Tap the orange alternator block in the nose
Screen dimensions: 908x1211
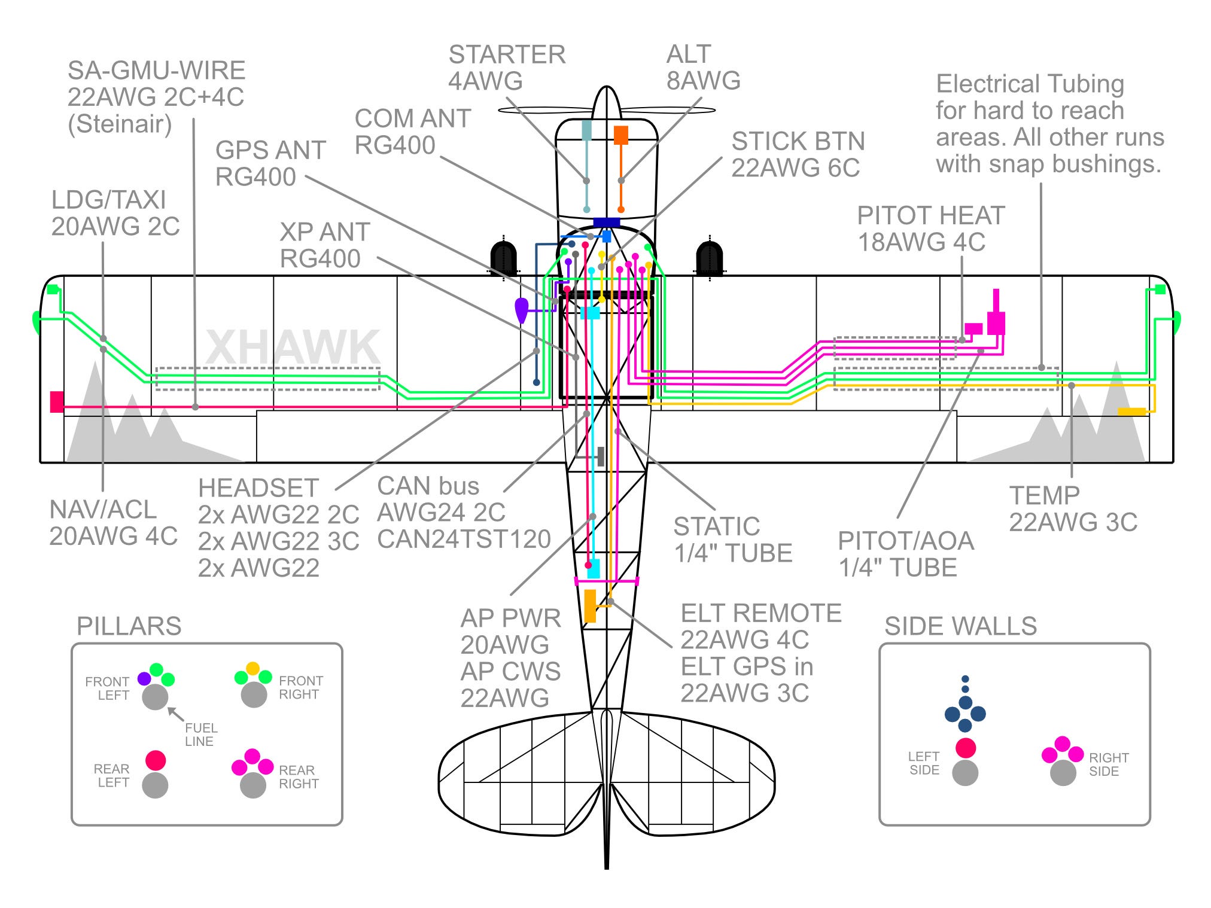[621, 135]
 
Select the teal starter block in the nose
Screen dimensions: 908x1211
[587, 129]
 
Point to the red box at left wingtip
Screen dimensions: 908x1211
[57, 401]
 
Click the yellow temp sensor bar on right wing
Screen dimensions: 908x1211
[1131, 412]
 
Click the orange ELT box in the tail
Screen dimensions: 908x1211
[590, 606]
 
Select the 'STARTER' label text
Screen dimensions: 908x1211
[507, 55]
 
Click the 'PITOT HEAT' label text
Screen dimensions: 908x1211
[930, 216]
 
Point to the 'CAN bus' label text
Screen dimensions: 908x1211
[428, 486]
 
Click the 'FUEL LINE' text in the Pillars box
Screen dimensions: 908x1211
[200, 735]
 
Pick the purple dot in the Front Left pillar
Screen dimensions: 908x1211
[144, 679]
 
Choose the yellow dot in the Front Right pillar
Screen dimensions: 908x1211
[253, 668]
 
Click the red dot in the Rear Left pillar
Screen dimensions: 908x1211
[156, 760]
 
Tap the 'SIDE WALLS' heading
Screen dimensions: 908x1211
[960, 626]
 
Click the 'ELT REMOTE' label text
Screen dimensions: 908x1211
[760, 614]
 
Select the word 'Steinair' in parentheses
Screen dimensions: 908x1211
[120, 124]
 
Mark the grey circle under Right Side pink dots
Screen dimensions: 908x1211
[1063, 773]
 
